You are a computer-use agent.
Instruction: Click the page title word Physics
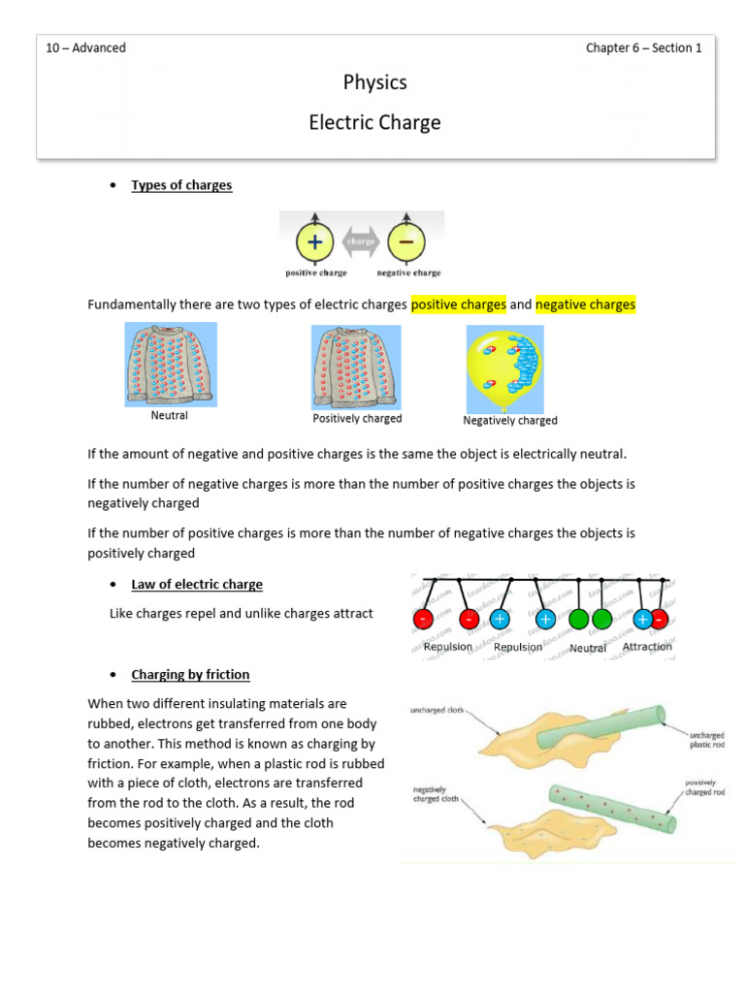374,82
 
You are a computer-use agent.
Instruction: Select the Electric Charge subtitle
374,123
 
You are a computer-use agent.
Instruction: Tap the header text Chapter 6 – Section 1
643,48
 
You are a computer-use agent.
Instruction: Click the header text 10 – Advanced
86,48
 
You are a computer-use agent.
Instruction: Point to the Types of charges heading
181,185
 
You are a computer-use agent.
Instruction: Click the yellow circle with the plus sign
314,240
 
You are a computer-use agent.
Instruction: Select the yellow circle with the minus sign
407,240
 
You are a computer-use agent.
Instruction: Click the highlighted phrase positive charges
458,304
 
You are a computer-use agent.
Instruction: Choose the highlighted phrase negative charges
585,304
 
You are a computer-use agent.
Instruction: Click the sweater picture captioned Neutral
170,365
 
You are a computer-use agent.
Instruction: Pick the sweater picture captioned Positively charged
356,367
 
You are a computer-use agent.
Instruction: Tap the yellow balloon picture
504,368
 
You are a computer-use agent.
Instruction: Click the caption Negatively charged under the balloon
510,421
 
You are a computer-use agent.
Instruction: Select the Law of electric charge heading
197,585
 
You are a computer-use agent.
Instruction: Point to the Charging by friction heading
190,674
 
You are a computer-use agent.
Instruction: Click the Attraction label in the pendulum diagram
647,647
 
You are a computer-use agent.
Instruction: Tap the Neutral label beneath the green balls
588,648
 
